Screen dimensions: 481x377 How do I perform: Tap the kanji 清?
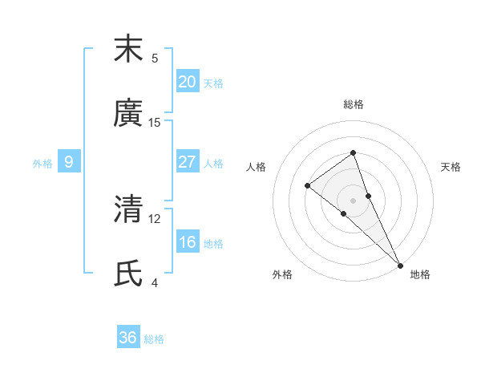coord(128,209)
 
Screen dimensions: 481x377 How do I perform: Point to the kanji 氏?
coord(128,273)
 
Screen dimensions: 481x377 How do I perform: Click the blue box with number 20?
coord(187,81)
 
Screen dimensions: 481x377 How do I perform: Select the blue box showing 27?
coord(187,162)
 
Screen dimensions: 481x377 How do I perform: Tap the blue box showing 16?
coord(187,242)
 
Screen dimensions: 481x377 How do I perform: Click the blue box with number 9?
coord(69,162)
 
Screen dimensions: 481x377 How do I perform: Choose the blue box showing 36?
coord(128,338)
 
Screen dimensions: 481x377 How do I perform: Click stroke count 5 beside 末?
coord(155,58)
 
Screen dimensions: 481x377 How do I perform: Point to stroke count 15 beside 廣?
coord(155,122)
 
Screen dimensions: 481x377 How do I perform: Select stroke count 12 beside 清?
coord(155,218)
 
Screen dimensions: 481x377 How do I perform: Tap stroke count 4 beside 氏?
coord(155,282)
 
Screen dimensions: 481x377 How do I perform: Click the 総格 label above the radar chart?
coord(353,104)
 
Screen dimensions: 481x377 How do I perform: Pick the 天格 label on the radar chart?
coord(451,167)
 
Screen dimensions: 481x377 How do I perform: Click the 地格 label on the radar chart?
coord(420,274)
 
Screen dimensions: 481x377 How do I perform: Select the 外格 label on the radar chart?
coord(282,274)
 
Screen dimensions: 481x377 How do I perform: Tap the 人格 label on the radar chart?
coord(256,167)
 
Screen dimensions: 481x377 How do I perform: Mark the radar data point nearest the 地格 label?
coord(399,265)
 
